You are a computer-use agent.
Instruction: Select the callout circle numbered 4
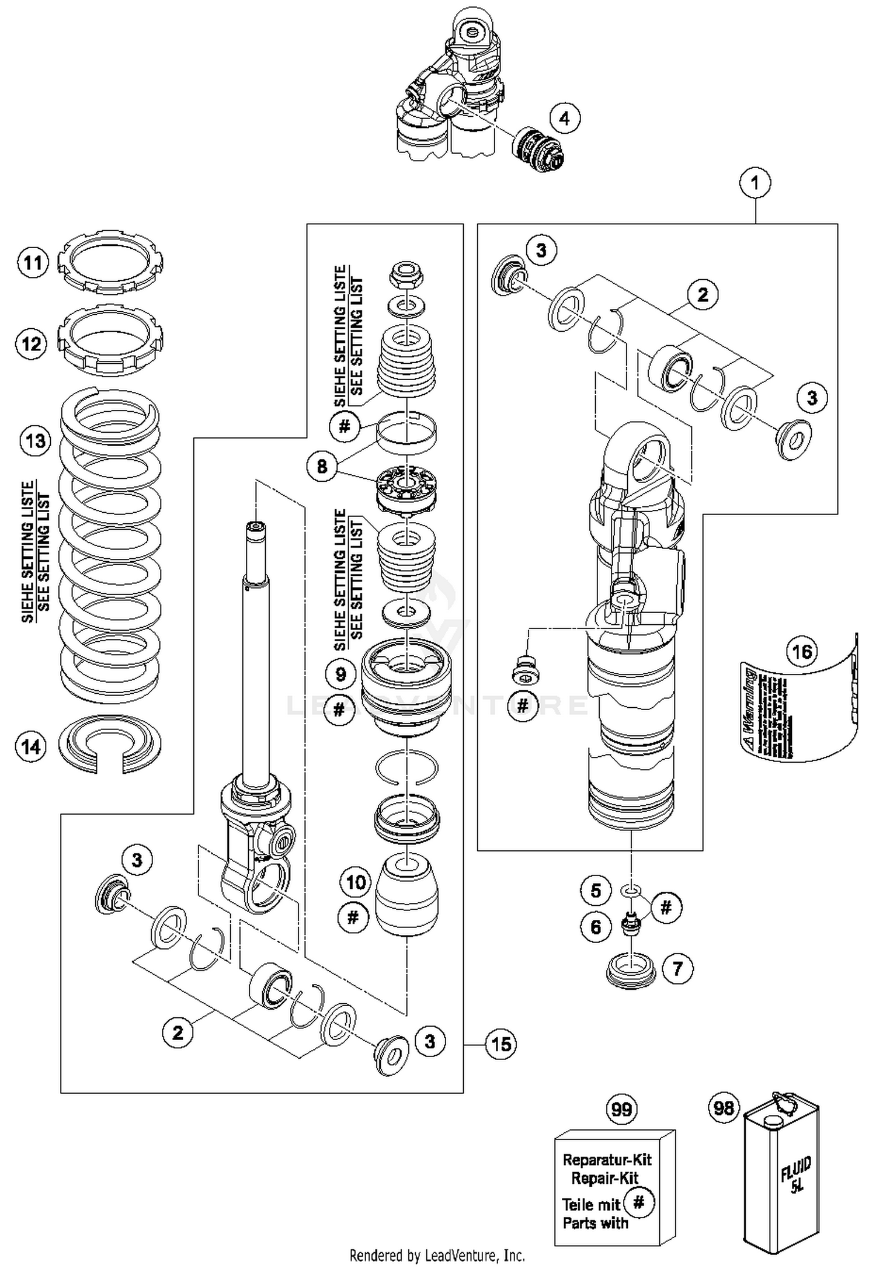[x=564, y=119]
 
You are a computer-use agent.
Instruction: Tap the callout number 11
[x=33, y=263]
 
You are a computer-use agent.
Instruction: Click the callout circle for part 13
[x=35, y=440]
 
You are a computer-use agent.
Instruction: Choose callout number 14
[x=31, y=746]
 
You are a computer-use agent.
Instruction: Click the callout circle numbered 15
[x=501, y=1044]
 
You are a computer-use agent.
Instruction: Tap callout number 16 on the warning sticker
[x=802, y=651]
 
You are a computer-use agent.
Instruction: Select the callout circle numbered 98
[x=724, y=1107]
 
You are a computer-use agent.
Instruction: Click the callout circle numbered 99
[x=621, y=1108]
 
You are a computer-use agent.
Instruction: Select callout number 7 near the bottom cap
[x=677, y=969]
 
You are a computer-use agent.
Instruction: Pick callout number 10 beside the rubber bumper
[x=355, y=882]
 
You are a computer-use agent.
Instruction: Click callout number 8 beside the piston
[x=322, y=467]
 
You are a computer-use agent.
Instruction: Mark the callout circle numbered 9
[x=340, y=675]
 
